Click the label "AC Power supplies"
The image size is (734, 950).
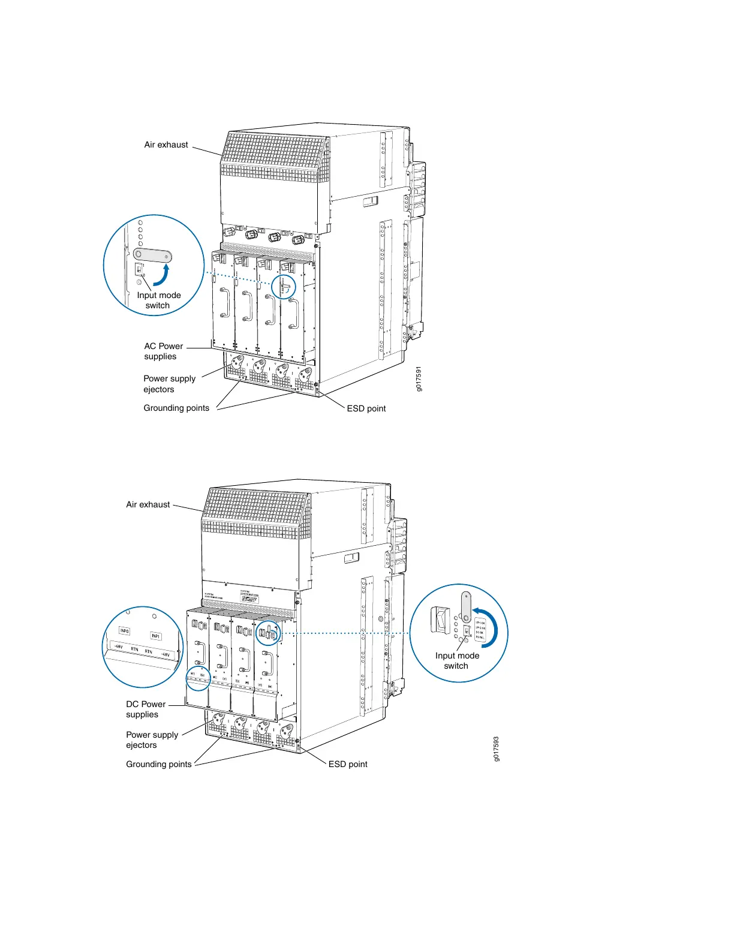[x=163, y=351]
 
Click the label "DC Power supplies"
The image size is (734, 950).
[x=145, y=710]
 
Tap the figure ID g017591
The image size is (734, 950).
[x=419, y=379]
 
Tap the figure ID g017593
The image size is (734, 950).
[x=496, y=749]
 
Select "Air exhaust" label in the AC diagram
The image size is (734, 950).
[x=166, y=145]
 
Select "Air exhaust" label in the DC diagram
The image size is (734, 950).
[x=148, y=505]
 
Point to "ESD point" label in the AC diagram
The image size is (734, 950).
[x=366, y=408]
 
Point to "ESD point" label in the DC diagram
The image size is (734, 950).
[x=348, y=764]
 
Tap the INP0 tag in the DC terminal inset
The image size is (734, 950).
[x=124, y=631]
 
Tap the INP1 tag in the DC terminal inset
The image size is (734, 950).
[x=155, y=636]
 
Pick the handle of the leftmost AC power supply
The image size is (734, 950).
[x=225, y=302]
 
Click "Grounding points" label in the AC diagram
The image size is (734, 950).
[x=176, y=408]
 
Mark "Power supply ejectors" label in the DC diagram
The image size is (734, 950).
[x=152, y=740]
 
